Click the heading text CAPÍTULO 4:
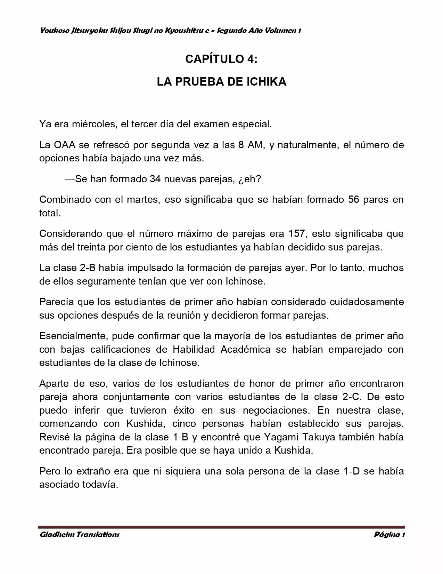point(221,59)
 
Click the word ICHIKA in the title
point(266,82)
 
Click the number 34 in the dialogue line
point(155,179)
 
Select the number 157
point(297,233)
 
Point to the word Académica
point(246,349)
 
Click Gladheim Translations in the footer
point(80,535)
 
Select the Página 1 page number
point(389,535)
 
